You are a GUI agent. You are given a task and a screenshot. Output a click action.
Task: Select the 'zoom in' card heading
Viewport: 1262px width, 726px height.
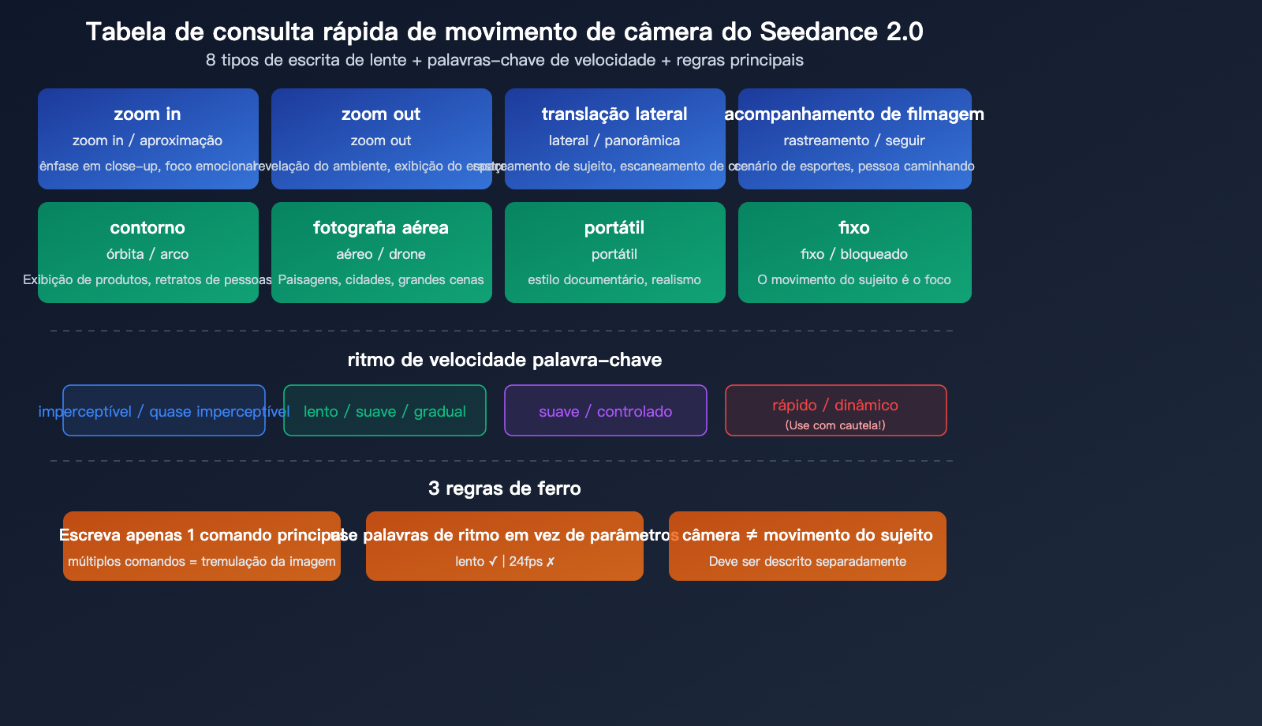pos(147,114)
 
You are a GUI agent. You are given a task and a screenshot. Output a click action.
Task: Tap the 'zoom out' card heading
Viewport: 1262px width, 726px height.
pos(381,114)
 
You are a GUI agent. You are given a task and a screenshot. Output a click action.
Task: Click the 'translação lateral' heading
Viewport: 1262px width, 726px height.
pos(614,114)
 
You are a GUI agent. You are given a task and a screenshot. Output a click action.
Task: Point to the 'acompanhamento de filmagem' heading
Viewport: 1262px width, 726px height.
pos(854,114)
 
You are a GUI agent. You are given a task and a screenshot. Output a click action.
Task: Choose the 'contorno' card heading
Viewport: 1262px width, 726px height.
pos(147,228)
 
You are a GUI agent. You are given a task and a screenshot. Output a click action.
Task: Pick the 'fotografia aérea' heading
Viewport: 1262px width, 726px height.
pos(381,228)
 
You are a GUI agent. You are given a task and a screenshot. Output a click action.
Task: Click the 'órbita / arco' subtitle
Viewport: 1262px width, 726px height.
pos(147,254)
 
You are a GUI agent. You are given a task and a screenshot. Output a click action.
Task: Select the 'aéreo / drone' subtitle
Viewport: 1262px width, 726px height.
pos(381,254)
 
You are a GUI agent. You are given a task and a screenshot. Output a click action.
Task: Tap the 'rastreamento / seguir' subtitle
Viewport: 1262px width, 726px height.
pos(854,140)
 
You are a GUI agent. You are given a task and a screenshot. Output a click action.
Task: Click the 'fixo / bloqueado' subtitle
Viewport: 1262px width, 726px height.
pos(854,254)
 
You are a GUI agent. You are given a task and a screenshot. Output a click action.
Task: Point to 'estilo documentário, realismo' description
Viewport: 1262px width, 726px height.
pos(614,280)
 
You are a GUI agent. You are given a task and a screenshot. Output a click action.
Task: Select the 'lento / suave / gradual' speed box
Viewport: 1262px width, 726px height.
pos(385,411)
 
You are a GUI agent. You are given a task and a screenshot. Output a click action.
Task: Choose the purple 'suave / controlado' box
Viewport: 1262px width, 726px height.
pos(606,411)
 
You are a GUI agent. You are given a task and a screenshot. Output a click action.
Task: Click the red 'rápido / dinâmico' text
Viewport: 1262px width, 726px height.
pos(835,405)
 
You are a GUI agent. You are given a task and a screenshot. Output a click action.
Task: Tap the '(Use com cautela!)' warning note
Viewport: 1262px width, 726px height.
pos(835,425)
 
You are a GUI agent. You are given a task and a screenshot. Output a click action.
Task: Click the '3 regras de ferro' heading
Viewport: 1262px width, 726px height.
pos(505,488)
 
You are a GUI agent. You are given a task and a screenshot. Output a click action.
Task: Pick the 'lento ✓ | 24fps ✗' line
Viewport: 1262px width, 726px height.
pos(505,562)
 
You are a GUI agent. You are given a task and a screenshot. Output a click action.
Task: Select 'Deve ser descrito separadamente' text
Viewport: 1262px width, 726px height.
pos(808,562)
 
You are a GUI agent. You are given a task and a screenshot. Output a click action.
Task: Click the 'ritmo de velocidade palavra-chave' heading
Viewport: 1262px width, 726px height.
pos(505,360)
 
